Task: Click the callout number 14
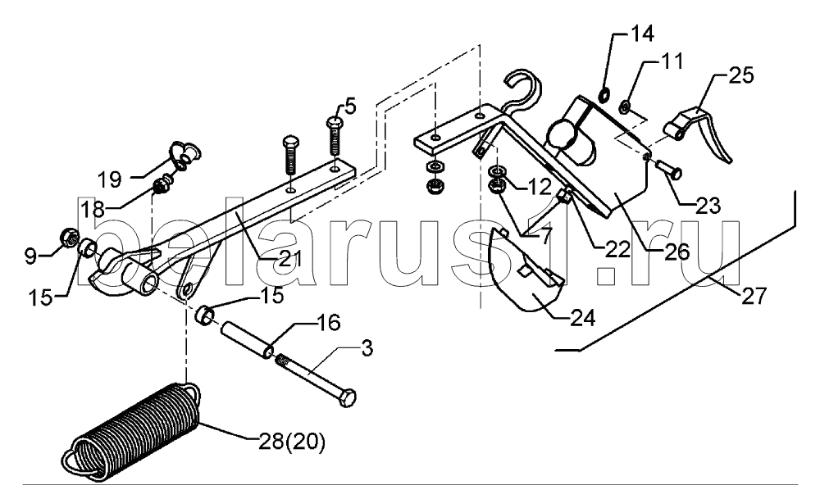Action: [x=642, y=34]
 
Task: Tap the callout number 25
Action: [x=740, y=75]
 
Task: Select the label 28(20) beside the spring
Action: [x=292, y=442]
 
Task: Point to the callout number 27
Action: [x=753, y=296]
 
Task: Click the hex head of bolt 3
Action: [x=348, y=397]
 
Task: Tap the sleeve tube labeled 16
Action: [x=246, y=340]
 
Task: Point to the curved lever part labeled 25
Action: [x=698, y=130]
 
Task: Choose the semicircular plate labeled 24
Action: [x=526, y=274]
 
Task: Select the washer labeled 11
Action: [x=624, y=108]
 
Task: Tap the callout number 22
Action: [x=618, y=249]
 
